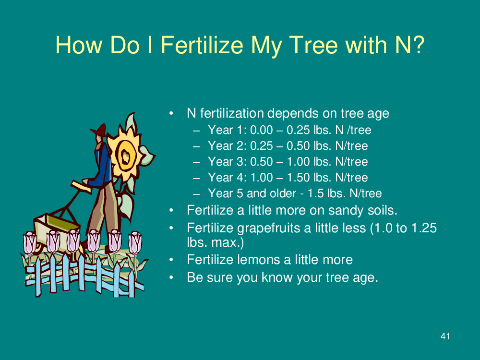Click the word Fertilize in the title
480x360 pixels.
[x=202, y=45]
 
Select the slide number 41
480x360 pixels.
[x=445, y=336]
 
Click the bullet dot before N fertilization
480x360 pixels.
[x=171, y=114]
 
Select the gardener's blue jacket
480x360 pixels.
[x=103, y=167]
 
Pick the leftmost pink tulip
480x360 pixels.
[x=30, y=243]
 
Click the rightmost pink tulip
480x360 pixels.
[x=135, y=243]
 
